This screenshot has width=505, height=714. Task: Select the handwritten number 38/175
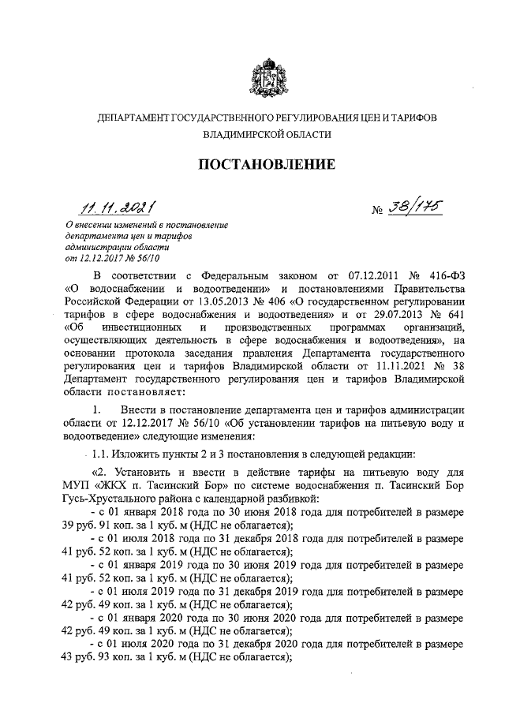[411, 207]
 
